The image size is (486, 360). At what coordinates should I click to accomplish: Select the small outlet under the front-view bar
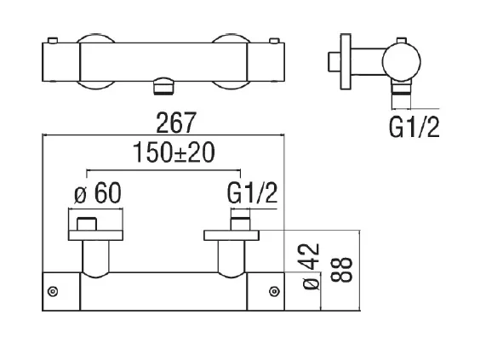[163, 86]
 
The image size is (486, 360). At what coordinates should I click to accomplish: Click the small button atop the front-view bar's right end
[274, 40]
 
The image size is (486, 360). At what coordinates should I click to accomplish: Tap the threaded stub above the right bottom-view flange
[239, 223]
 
